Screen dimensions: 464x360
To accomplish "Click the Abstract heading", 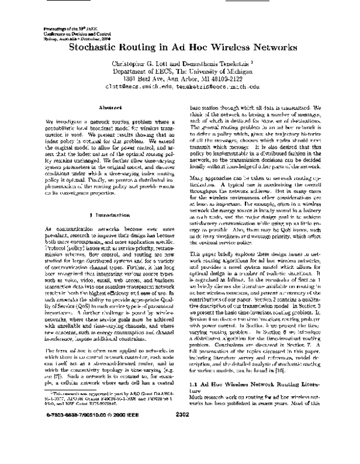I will pyautogui.click(x=95, y=107).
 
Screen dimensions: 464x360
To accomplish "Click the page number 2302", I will pyautogui.click(x=180, y=446).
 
